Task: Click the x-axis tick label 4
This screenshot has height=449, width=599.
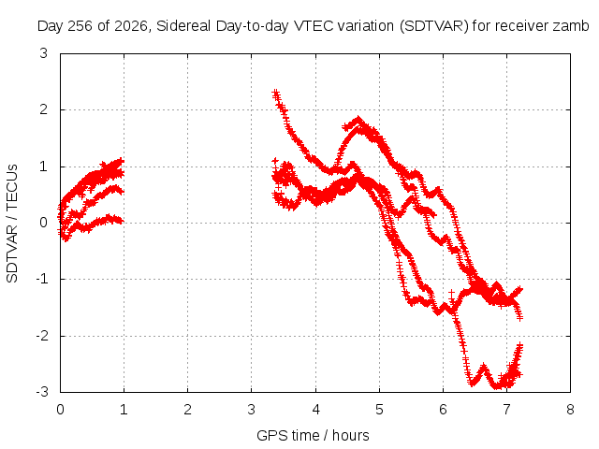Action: pos(316,410)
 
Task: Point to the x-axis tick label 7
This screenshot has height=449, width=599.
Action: pos(506,410)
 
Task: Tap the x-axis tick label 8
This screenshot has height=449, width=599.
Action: pos(570,410)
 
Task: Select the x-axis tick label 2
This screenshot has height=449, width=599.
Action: pos(187,410)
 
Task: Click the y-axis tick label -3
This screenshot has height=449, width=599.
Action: pos(42,392)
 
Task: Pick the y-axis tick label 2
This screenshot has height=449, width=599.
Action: pos(44,109)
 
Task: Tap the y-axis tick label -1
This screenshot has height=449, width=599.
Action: pos(42,279)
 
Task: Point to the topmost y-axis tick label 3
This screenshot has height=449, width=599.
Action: pos(44,53)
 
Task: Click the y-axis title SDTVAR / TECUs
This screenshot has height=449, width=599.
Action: pos(12,224)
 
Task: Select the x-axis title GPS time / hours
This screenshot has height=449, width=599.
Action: pos(313,435)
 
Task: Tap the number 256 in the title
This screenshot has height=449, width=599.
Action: pos(80,26)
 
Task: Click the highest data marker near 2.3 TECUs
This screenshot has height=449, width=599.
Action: pos(275,94)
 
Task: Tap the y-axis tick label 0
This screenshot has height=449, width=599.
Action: pos(44,223)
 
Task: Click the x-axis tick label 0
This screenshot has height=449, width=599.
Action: pos(60,410)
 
